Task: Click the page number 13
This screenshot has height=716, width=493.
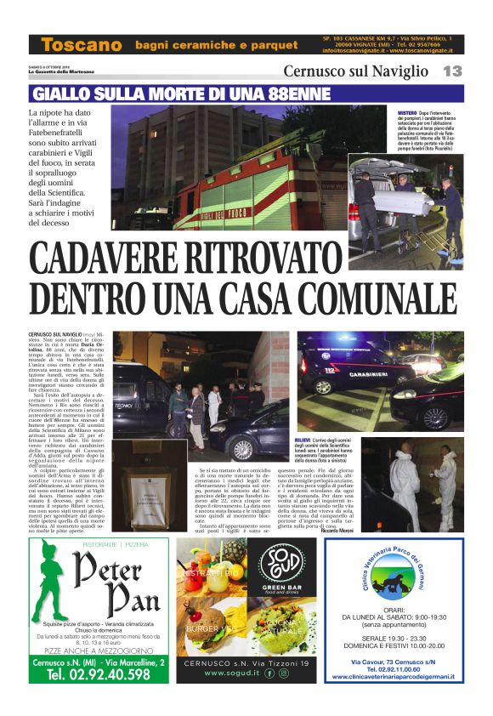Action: click(452, 71)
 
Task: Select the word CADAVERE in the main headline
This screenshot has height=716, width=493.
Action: click(133, 259)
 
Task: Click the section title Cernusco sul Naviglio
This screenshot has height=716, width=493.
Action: click(357, 71)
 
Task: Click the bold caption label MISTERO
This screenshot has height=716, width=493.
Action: click(408, 112)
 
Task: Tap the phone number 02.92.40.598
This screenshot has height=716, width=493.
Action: click(99, 674)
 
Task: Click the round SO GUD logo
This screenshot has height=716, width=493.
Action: click(281, 565)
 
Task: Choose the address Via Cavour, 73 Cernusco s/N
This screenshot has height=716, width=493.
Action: click(394, 661)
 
